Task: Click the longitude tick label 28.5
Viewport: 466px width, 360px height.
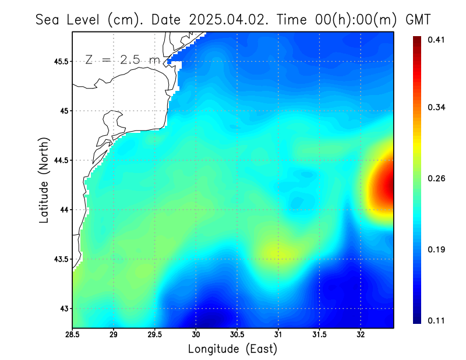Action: [73, 335]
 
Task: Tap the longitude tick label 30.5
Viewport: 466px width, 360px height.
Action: [237, 335]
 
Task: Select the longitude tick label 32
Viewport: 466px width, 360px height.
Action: [361, 335]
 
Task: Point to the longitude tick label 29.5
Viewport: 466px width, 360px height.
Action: [155, 335]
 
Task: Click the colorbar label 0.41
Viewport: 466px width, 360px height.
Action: [436, 40]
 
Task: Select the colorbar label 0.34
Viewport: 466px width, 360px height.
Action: [436, 107]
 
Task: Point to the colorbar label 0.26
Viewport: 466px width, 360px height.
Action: [436, 178]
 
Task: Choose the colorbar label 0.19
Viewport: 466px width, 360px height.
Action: [436, 249]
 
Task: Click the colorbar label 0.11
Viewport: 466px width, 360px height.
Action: [436, 320]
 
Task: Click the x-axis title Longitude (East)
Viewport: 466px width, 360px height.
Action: [232, 349]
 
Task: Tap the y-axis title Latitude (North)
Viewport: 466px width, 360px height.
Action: [44, 181]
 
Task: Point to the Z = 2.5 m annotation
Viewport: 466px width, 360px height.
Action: [122, 60]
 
